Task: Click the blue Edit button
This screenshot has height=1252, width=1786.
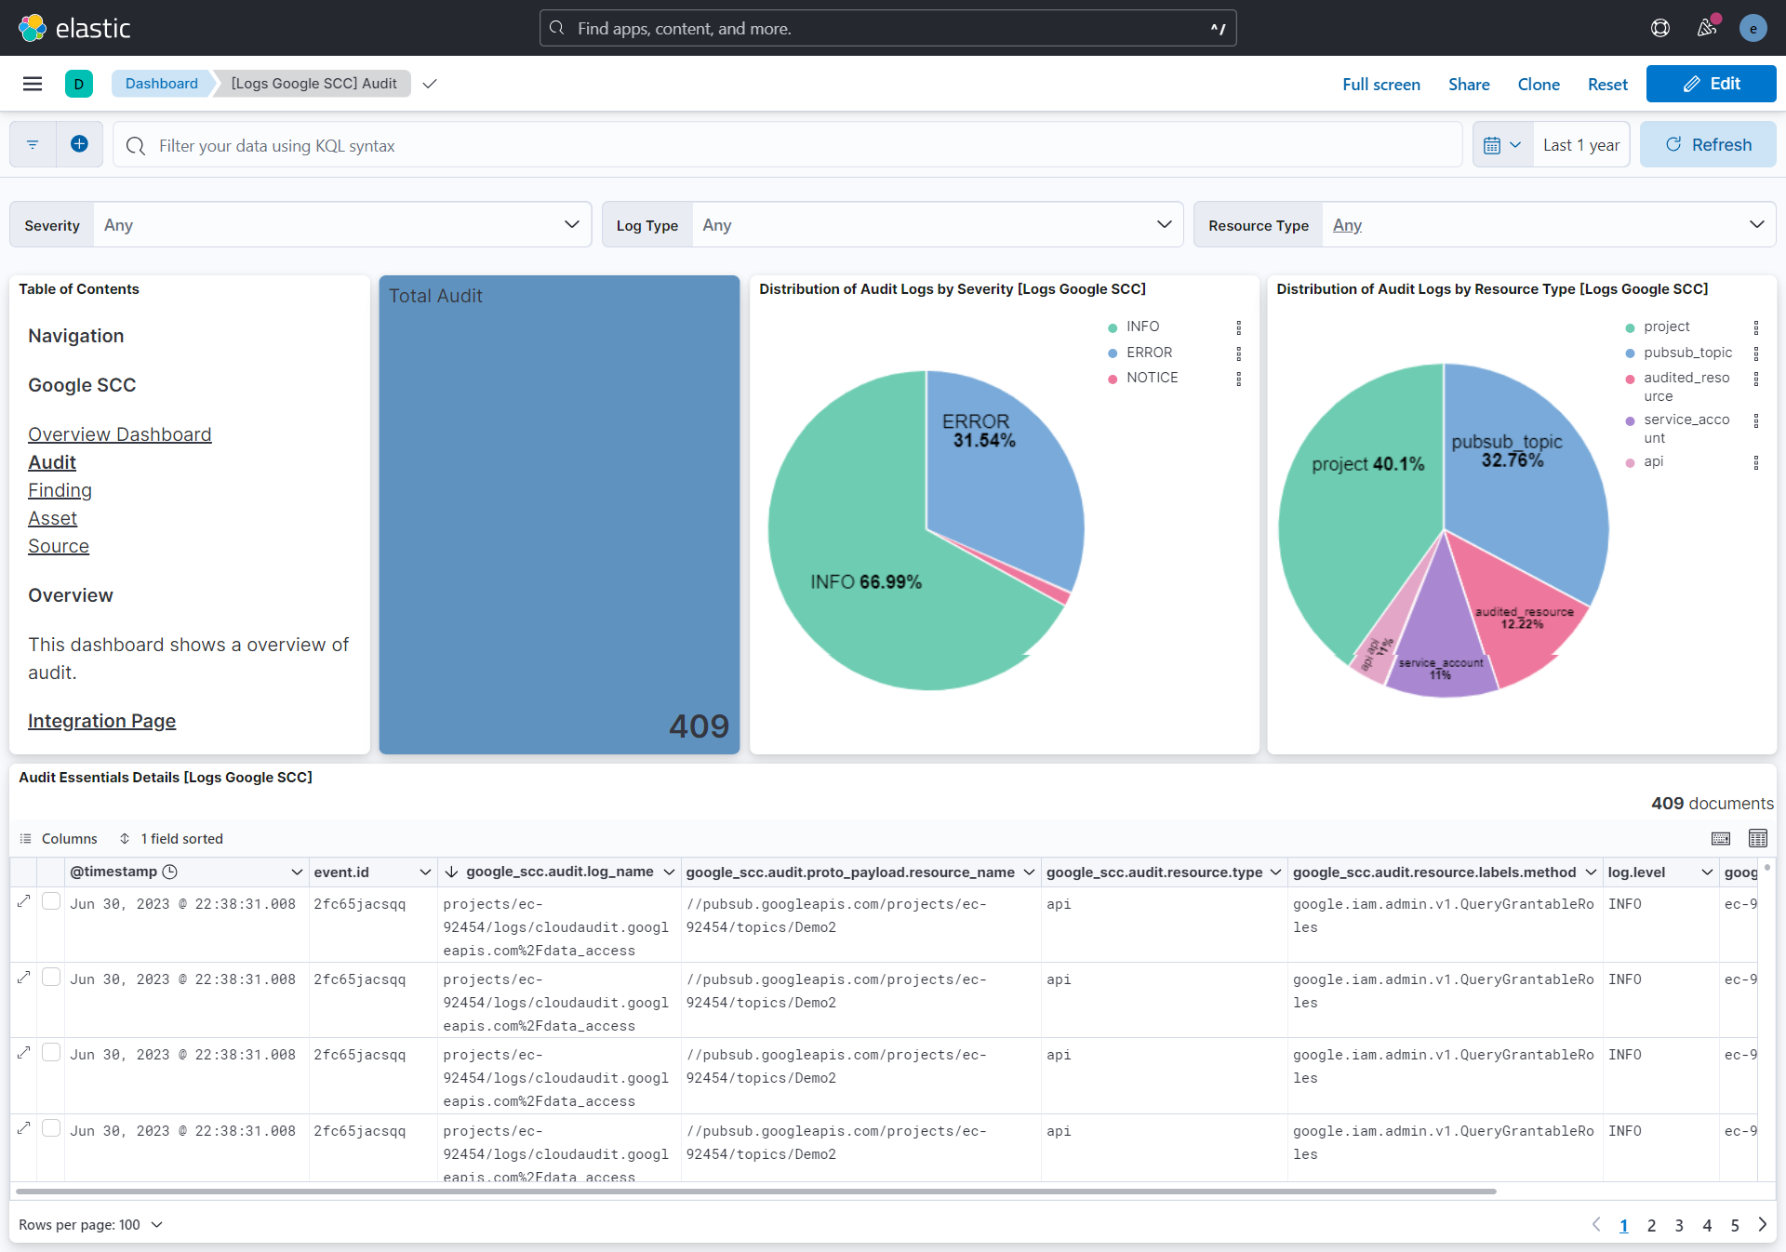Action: [x=1711, y=84]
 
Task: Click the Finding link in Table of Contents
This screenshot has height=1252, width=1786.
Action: [x=60, y=490]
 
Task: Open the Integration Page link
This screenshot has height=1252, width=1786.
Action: [x=101, y=721]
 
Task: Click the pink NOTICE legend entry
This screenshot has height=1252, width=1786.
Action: [x=1152, y=378]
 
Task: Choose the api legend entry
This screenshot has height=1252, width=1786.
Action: [x=1653, y=461]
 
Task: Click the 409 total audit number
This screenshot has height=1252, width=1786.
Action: [x=699, y=726]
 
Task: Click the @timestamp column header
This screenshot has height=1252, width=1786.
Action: [x=113, y=872]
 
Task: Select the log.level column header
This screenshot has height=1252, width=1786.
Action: [x=1636, y=872]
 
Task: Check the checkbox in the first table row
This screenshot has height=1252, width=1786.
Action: [x=52, y=901]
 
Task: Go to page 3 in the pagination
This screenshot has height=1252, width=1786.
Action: [x=1679, y=1225]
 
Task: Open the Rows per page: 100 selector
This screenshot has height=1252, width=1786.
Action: [x=90, y=1225]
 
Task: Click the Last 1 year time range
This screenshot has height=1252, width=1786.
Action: [x=1580, y=145]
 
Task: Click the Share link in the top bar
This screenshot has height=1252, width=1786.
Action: [x=1469, y=85]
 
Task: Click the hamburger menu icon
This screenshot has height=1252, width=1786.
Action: [x=33, y=84]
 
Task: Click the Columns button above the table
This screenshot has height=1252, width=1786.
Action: [x=59, y=839]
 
